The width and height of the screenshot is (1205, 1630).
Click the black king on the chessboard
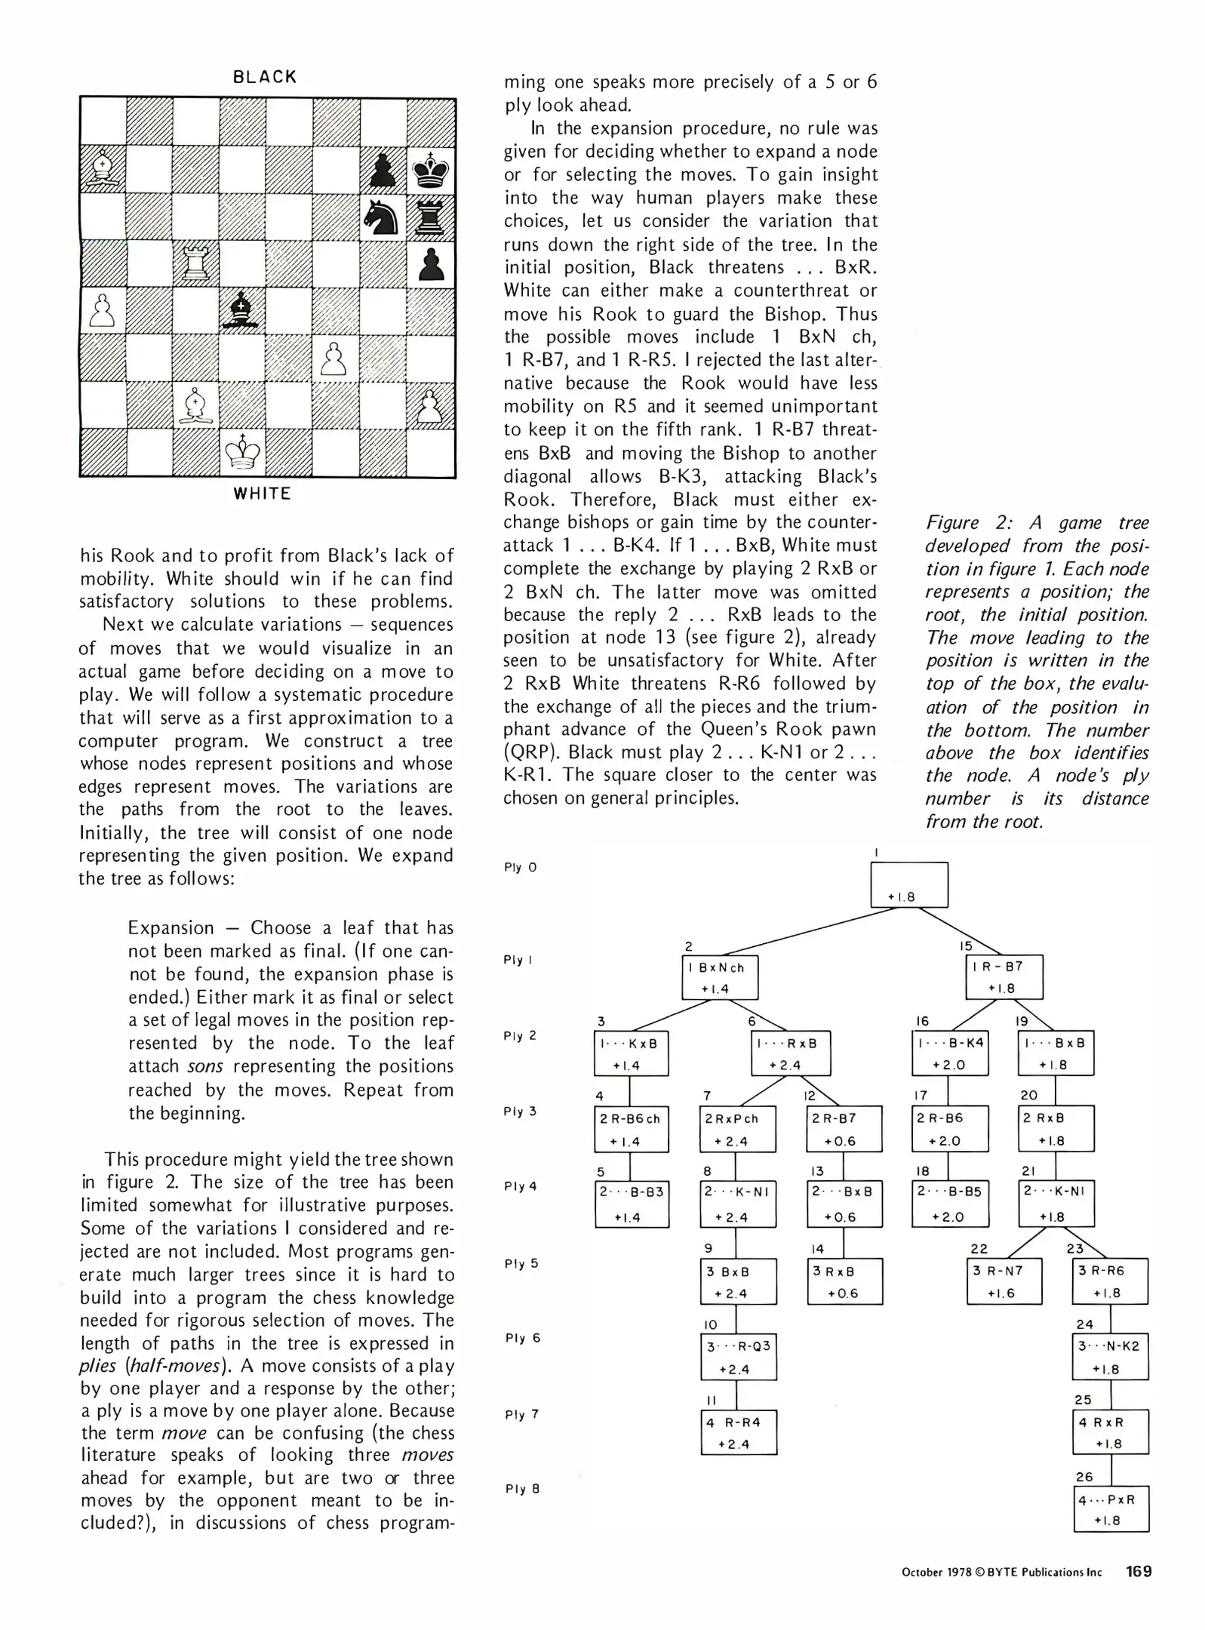432,169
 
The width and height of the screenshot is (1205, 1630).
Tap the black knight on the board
383,217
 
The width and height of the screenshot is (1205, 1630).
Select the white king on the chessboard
243,452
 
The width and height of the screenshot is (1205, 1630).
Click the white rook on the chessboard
195,263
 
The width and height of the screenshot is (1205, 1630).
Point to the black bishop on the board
242,310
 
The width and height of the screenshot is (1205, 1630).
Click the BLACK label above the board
265,77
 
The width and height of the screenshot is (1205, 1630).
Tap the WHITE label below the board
263,494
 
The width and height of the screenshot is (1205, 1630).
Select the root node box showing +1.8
908,884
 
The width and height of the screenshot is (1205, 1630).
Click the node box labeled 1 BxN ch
720,977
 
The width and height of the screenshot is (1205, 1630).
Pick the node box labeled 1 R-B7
1004,976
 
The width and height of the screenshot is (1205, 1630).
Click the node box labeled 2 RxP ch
737,1129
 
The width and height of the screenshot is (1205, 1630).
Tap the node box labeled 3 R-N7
1004,1281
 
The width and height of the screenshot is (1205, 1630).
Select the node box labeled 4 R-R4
738,1432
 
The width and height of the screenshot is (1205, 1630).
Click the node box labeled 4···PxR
1110,1509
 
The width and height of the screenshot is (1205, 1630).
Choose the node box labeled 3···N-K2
1110,1357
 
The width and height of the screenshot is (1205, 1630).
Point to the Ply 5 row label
521,1263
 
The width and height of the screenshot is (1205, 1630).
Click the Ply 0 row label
520,867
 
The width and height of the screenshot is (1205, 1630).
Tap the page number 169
1139,1572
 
